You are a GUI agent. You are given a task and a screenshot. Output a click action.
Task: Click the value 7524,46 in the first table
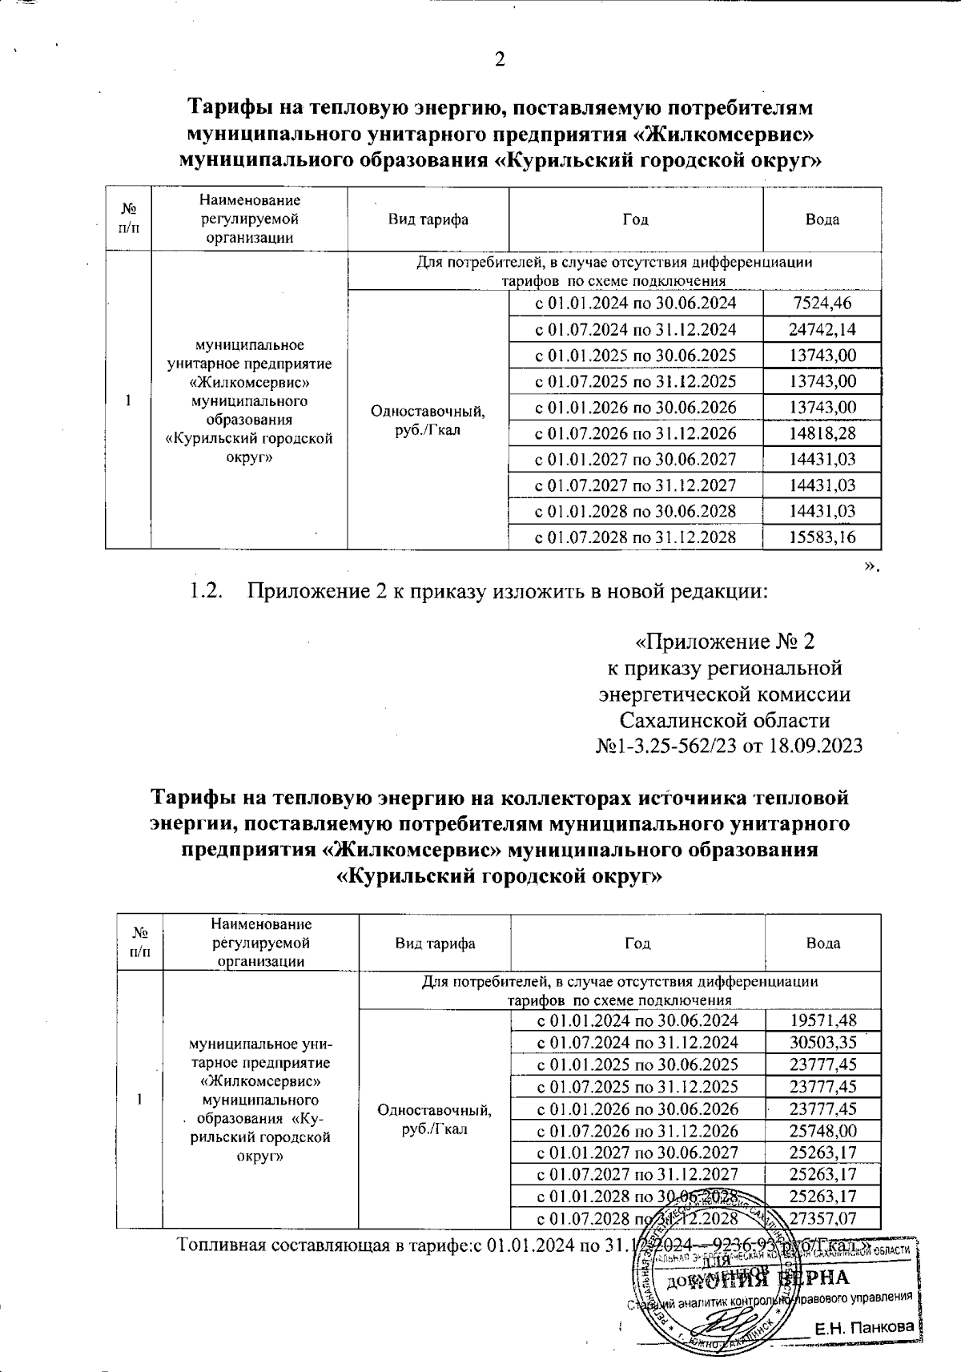[822, 303]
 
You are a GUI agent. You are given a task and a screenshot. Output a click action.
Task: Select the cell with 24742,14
[822, 329]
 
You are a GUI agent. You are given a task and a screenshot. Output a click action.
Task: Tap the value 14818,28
[822, 433]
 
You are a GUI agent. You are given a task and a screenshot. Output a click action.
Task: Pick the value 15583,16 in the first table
[822, 537]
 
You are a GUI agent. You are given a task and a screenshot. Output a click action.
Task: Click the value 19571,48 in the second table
[822, 1020]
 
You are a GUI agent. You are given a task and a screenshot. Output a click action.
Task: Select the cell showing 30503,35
[822, 1042]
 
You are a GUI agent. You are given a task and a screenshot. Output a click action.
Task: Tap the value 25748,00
[822, 1131]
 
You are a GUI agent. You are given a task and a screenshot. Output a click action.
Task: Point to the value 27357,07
[822, 1219]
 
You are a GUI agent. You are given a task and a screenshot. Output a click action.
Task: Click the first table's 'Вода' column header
[822, 219]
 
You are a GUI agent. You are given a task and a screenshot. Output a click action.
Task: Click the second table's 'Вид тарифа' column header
[435, 944]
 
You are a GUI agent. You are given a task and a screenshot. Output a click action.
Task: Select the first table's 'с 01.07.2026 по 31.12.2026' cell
[635, 433]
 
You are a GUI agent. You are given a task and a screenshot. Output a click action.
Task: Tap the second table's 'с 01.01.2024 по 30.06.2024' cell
[637, 1020]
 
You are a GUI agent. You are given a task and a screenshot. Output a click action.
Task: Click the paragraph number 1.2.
[203, 592]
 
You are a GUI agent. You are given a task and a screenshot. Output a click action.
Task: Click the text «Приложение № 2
[724, 642]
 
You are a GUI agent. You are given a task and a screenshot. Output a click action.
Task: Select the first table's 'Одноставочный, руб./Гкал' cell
[427, 420]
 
